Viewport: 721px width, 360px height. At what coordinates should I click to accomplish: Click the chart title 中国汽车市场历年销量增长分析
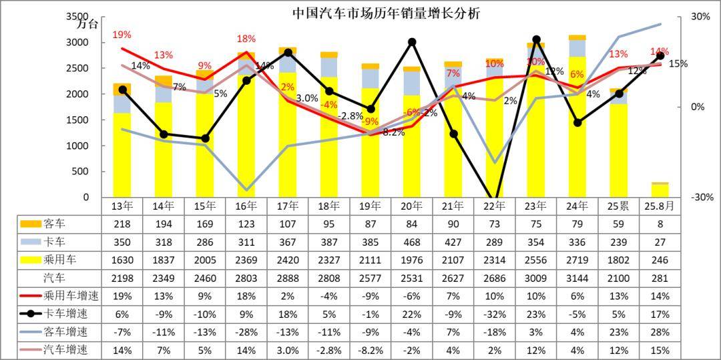pos(386,13)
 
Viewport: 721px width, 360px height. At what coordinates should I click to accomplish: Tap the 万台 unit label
pos(87,25)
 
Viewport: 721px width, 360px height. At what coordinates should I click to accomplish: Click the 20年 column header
pos(412,206)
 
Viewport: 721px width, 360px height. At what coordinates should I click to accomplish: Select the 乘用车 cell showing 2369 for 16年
pos(246,259)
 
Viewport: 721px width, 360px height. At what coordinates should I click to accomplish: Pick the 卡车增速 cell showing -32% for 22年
pos(494,313)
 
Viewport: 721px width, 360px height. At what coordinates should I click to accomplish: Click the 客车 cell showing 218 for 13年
pos(122,223)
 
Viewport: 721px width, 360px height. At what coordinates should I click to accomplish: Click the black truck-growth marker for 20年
pos(412,42)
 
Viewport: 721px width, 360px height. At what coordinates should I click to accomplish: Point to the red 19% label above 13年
pos(122,34)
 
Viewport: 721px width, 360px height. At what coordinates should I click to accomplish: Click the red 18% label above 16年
pos(246,39)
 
